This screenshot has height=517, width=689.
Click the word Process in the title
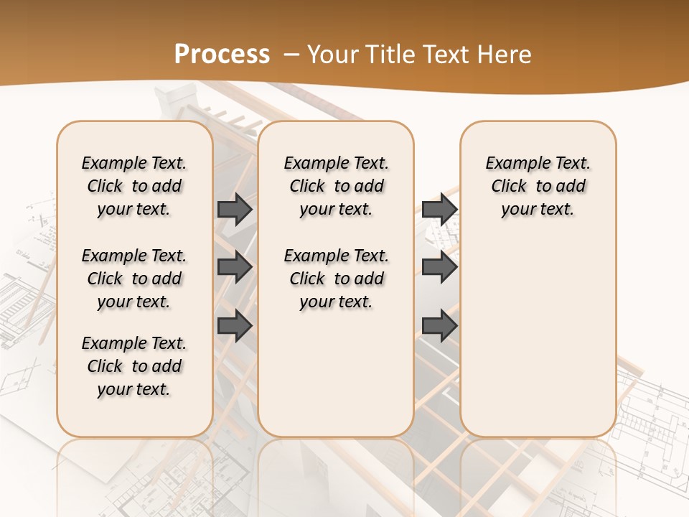pos(222,54)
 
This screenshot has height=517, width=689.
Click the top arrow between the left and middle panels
pos(235,209)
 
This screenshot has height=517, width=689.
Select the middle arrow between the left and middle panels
pos(235,268)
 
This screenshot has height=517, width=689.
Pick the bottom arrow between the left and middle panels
pos(235,326)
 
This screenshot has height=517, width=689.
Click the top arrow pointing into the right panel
pos(439,209)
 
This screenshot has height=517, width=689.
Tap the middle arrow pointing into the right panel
pos(439,268)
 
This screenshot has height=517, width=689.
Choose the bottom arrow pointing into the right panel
pos(439,326)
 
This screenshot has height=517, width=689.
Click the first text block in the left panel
pos(134,186)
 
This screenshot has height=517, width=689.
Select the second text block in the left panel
pos(134,279)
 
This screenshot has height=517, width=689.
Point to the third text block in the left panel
pos(134,366)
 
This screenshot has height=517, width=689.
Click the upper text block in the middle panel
pos(336,186)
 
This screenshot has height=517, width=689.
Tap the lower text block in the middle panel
pos(336,279)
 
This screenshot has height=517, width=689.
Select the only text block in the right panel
pos(538,186)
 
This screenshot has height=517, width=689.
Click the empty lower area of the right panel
pos(538,330)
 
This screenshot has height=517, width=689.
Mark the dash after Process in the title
pos(291,54)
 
